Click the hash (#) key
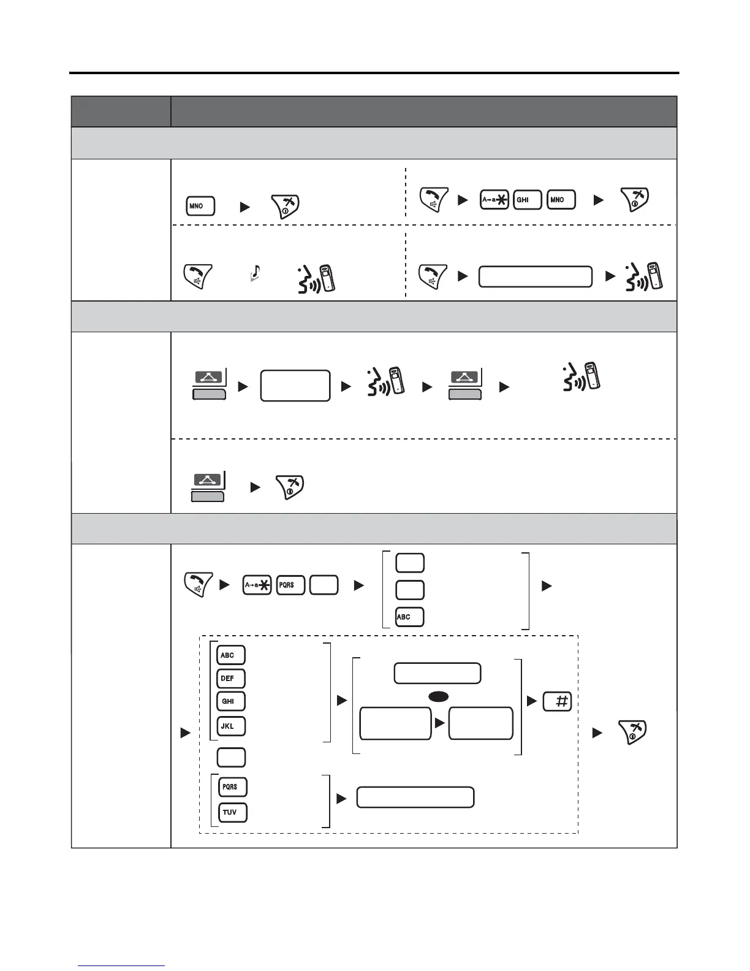(557, 701)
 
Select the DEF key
(231, 679)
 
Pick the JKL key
(231, 726)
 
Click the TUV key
(233, 812)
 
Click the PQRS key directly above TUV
(233, 786)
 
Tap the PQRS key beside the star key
(290, 585)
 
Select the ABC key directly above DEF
(231, 655)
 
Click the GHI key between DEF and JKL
(231, 701)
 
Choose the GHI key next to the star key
(527, 200)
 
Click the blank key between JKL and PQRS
(231, 757)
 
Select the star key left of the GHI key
(494, 200)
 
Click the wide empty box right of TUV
(415, 798)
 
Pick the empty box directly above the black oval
(437, 673)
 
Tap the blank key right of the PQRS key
(324, 585)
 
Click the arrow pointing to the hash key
(532, 701)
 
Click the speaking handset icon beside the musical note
(317, 278)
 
